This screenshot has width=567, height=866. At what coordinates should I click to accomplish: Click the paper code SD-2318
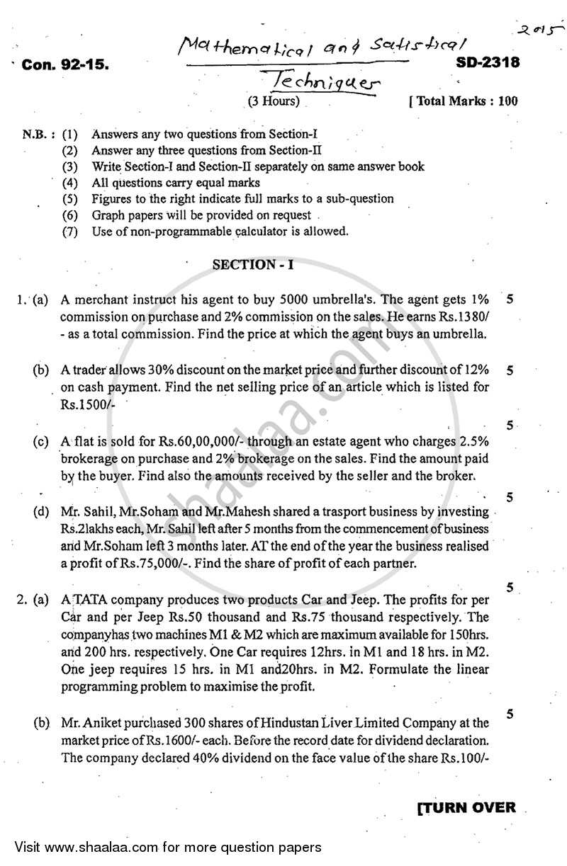click(485, 62)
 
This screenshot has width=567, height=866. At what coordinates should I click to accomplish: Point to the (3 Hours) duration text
click(274, 101)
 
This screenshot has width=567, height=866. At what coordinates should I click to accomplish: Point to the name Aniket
click(113, 723)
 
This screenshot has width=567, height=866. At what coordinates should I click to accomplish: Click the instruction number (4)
click(69, 183)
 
